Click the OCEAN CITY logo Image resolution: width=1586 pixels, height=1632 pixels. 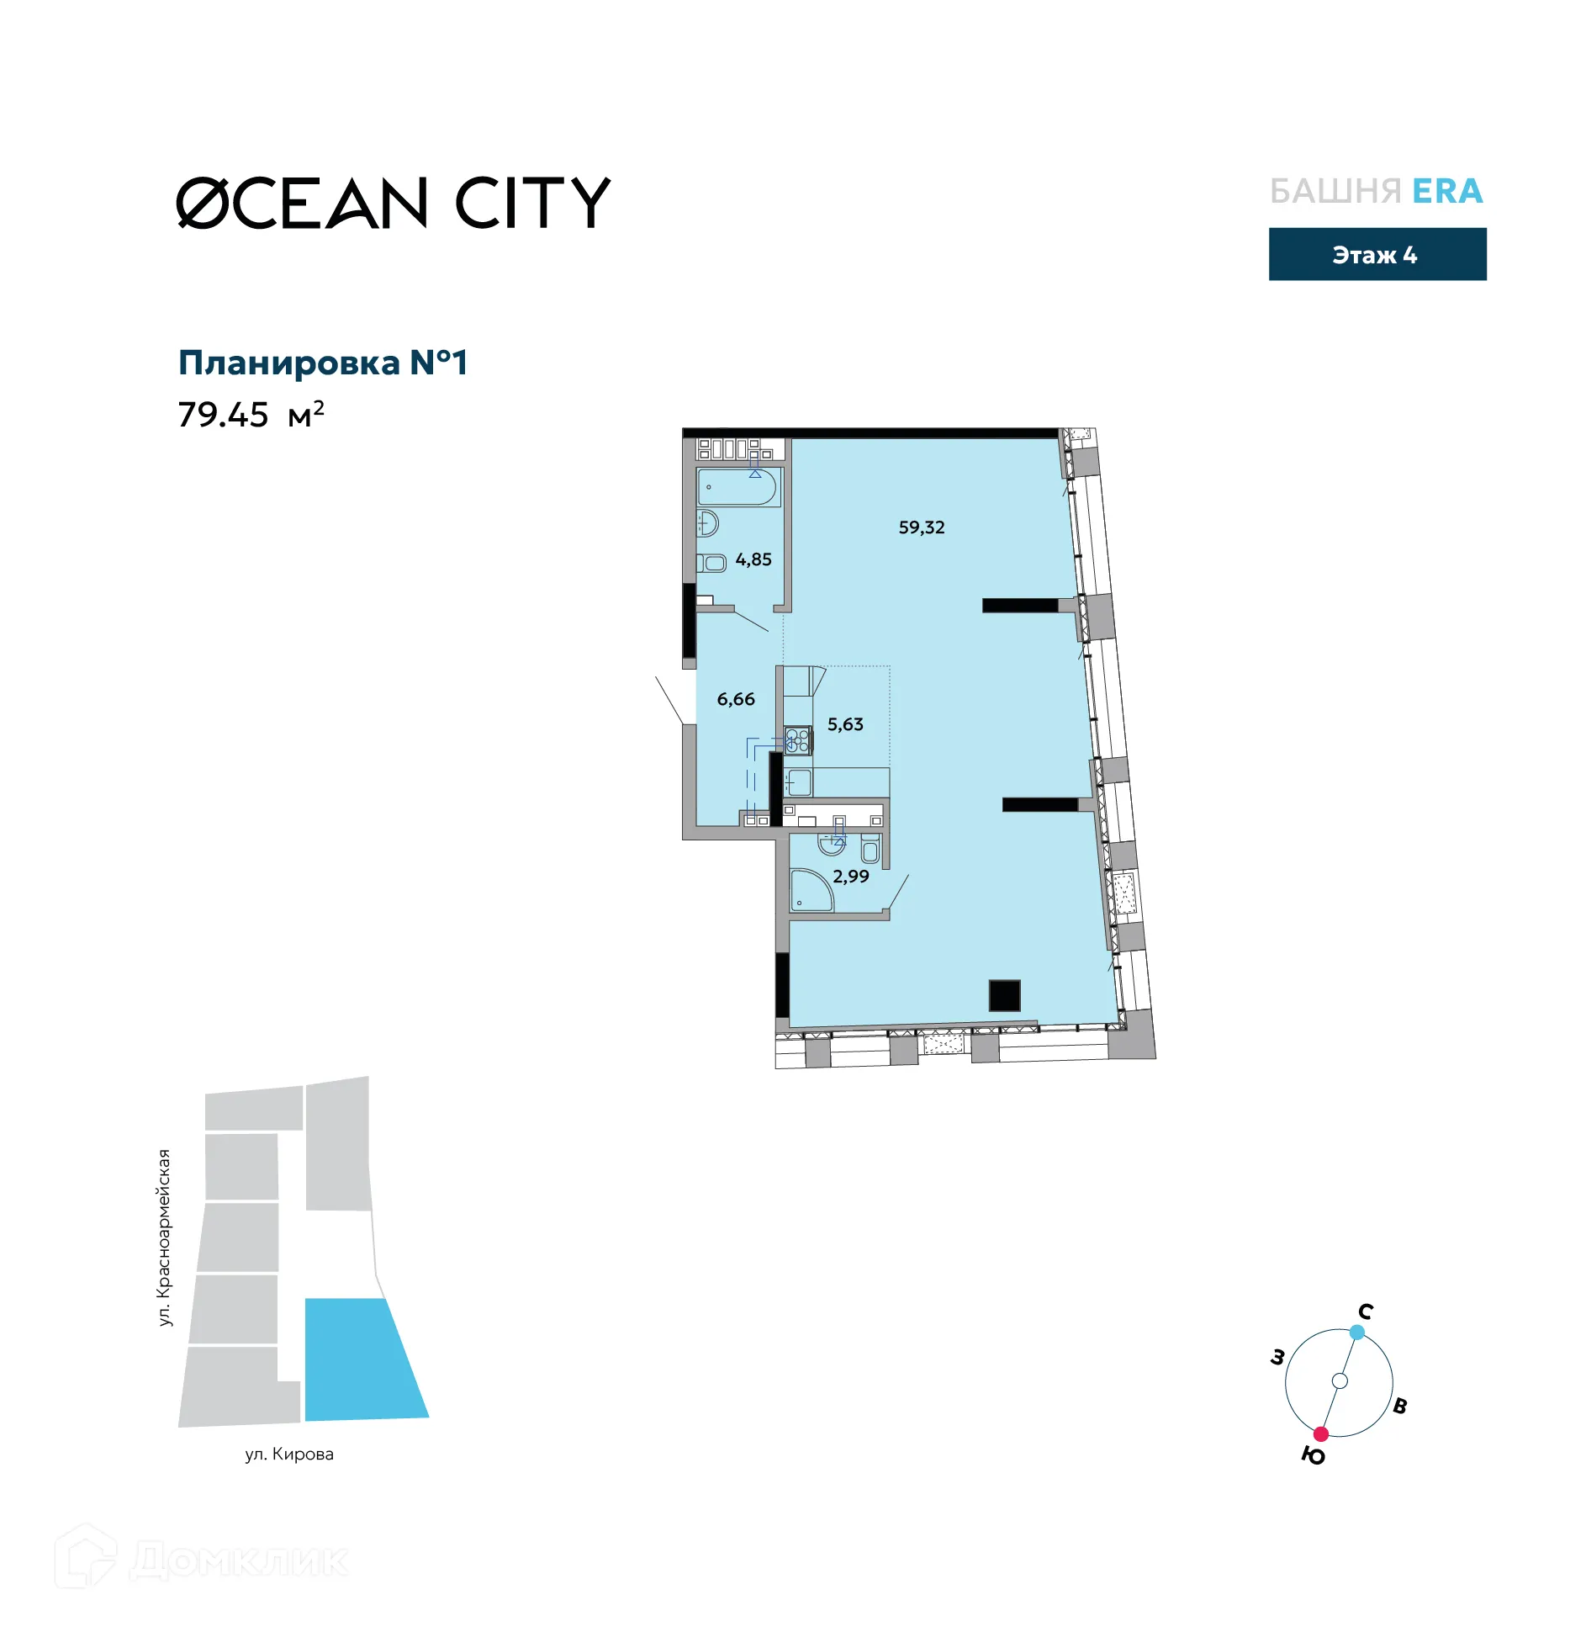pos(393,203)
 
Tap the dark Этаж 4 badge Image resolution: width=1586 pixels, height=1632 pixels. pos(1377,254)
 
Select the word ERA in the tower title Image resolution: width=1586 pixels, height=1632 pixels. pos(1446,192)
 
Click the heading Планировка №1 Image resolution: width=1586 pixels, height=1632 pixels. pos(322,363)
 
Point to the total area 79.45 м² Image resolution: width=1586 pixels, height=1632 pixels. pos(250,415)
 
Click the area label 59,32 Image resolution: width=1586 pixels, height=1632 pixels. pos(921,527)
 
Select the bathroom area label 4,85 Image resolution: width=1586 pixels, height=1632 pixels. pos(753,559)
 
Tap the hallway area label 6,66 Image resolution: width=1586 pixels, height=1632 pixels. pos(735,699)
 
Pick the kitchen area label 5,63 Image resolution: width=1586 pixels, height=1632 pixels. pos(844,724)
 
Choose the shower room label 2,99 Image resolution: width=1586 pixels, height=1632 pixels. pos(850,877)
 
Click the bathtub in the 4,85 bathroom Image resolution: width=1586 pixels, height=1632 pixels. pos(737,487)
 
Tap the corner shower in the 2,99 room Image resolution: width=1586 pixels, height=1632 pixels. pos(809,893)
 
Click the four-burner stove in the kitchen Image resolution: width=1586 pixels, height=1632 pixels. pos(797,740)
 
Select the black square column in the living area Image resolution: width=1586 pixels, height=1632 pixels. pos(1004,995)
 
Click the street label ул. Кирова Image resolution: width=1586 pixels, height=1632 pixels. pos(289,1454)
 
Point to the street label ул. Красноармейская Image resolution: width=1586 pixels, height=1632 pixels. pos(164,1237)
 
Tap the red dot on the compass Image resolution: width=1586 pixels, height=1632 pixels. pos(1320,1433)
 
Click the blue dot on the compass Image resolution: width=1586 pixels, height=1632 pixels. pos(1356,1332)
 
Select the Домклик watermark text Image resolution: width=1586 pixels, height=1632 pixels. pos(239,1560)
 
